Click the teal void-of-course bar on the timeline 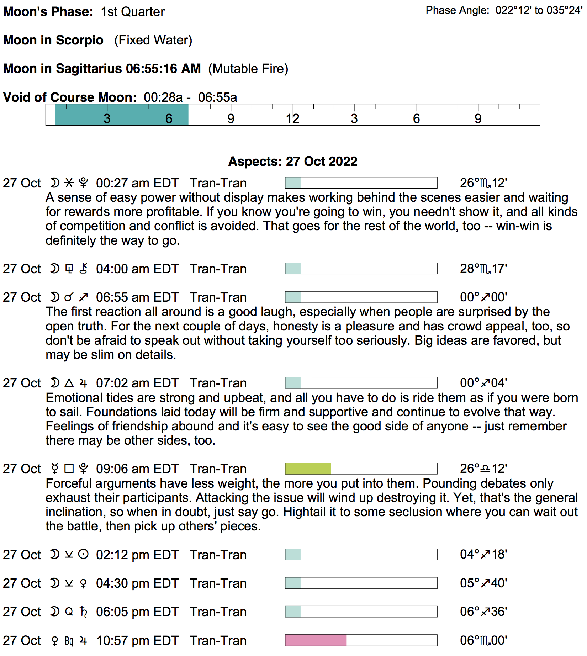(x=121, y=115)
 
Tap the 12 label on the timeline (x=292, y=119)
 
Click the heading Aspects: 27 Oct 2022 (x=293, y=162)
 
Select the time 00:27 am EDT (x=137, y=183)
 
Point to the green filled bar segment (x=308, y=469)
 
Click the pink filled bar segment (x=316, y=640)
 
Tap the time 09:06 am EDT (x=137, y=469)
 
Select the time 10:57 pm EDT (x=137, y=641)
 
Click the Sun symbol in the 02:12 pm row (x=83, y=555)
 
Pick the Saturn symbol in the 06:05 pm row (x=83, y=612)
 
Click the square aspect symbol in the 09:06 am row (x=69, y=469)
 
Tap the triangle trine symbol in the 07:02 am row (x=69, y=383)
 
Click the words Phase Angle (x=457, y=11)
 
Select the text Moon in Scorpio (x=53, y=40)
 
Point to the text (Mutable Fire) (x=248, y=69)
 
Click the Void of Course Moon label (x=70, y=97)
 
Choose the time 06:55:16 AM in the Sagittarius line (x=163, y=69)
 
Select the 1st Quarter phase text (x=133, y=12)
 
